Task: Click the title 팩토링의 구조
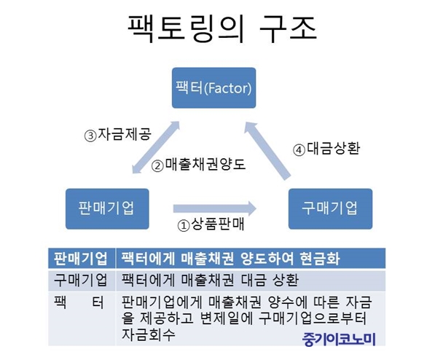222,29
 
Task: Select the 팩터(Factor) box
214,87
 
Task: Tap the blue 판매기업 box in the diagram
107,208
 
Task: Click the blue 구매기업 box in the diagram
330,208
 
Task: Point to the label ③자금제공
118,134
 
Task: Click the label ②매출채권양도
199,165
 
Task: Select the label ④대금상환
326,149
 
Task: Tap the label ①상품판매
211,224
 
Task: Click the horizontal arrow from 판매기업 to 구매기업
215,208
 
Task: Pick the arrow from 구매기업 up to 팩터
267,151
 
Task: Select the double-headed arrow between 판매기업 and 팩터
156,147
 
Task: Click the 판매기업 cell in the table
82,259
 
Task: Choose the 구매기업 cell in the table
82,280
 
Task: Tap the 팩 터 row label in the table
79,302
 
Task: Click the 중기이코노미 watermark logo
339,339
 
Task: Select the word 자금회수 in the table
149,334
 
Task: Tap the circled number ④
299,150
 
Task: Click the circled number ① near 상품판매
184,226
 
